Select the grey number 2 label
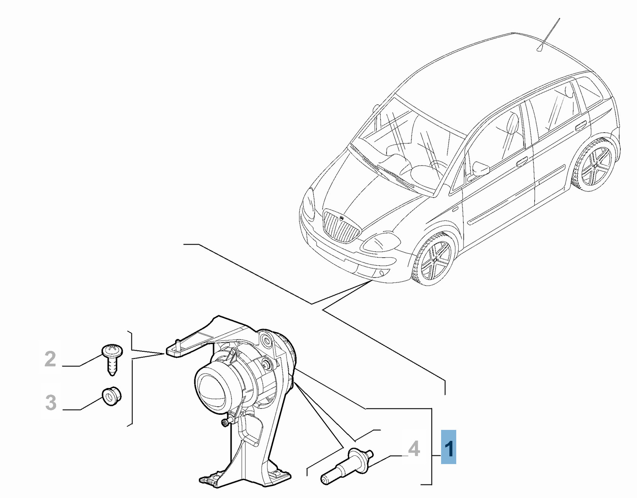tap(50, 359)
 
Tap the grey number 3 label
tap(51, 403)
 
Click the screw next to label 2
tap(112, 360)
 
